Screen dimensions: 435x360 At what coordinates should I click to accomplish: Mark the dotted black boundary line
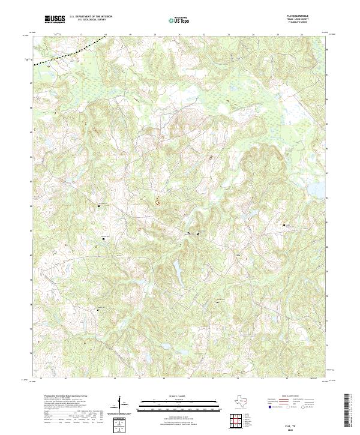(66, 54)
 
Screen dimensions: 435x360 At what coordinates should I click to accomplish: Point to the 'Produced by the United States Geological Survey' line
(63, 397)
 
